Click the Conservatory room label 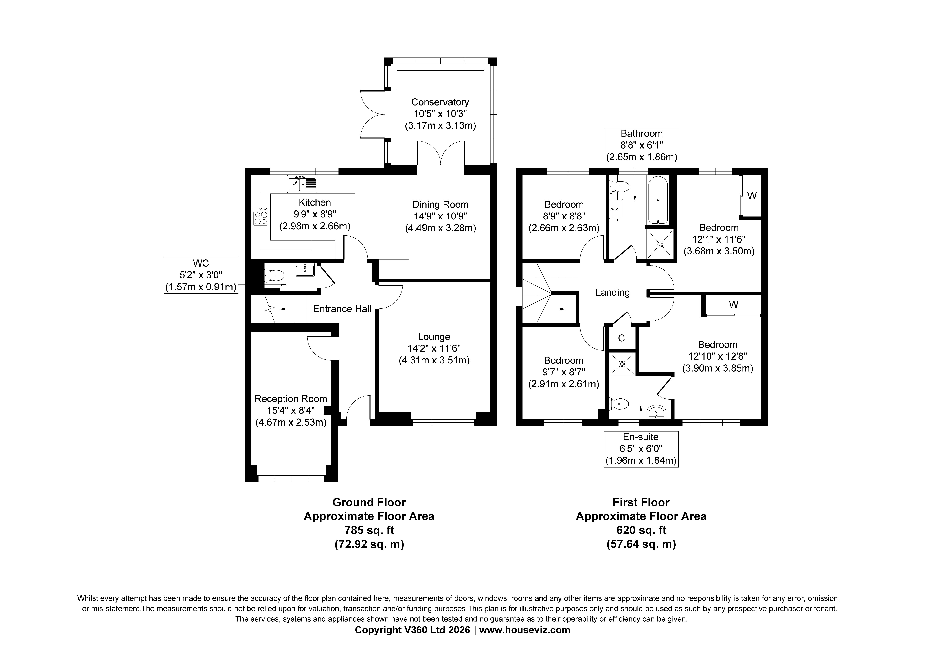(x=440, y=102)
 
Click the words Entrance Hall (x=342, y=309)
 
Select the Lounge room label (x=434, y=337)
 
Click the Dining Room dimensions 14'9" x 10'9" (x=440, y=216)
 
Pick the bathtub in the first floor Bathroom (x=658, y=200)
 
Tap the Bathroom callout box (x=642, y=146)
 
